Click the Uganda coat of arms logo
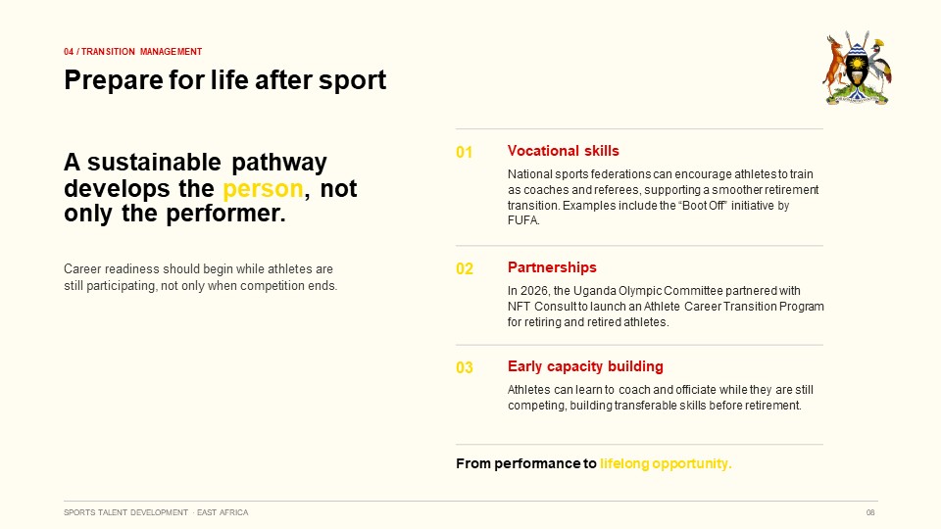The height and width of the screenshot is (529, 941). [x=857, y=68]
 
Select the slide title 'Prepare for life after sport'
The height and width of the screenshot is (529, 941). [x=225, y=80]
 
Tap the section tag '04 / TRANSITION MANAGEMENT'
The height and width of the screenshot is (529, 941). [x=132, y=52]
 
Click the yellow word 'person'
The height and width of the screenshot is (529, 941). [x=263, y=189]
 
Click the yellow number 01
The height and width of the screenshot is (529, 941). [x=464, y=153]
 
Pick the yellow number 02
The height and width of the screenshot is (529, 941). [x=464, y=268]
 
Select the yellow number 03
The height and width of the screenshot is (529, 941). [x=464, y=367]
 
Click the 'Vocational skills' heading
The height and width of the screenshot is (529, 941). [x=563, y=151]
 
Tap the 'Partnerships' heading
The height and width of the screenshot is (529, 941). [x=552, y=267]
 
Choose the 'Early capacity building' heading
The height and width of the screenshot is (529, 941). [x=585, y=366]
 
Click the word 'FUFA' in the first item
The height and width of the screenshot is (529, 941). [x=522, y=220]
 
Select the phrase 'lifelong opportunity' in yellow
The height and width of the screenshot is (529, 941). [x=665, y=463]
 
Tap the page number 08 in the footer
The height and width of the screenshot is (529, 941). [x=870, y=512]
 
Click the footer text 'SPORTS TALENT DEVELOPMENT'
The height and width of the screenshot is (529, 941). [x=126, y=512]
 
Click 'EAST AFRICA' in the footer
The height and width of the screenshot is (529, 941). [x=223, y=512]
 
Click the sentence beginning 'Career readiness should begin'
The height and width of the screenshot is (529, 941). [x=200, y=277]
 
